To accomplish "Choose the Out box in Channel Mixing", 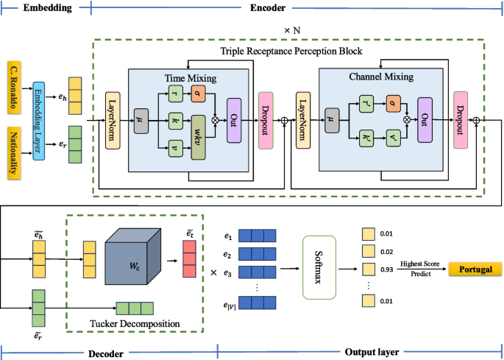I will [425, 119].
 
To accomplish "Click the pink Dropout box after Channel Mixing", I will [461, 119].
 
